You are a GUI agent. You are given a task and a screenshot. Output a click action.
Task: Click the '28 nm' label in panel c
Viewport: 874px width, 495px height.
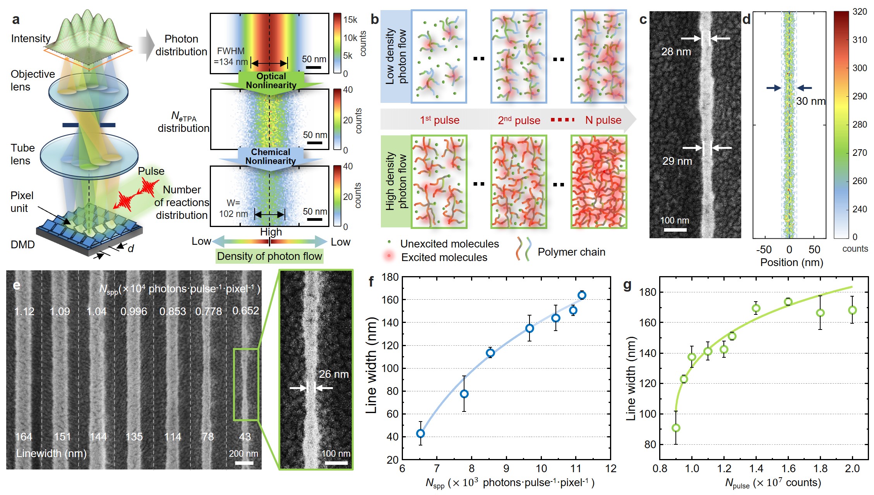click(x=675, y=51)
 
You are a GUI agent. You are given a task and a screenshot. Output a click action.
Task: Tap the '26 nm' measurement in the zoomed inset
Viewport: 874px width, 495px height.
click(x=334, y=374)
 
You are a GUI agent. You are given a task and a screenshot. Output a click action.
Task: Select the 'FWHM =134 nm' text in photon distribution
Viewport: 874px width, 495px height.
click(x=231, y=56)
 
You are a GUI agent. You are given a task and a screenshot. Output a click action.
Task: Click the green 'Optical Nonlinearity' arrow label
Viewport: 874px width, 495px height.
click(x=271, y=81)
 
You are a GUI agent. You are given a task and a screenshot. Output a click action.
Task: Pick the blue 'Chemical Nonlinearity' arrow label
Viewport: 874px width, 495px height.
click(x=271, y=157)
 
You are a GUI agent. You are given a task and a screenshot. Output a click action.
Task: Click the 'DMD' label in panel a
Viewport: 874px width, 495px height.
click(x=23, y=244)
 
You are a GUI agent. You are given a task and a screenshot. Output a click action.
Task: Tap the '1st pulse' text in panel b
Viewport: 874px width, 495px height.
click(x=439, y=120)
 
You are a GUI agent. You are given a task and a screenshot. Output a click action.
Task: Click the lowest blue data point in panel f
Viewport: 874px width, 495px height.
click(x=420, y=434)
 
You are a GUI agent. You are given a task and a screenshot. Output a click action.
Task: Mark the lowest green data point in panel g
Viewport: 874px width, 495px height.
click(x=676, y=428)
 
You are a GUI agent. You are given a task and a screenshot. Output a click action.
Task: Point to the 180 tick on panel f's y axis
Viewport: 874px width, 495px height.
click(x=390, y=277)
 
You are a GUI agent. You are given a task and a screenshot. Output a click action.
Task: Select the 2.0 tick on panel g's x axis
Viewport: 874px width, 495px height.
click(x=852, y=469)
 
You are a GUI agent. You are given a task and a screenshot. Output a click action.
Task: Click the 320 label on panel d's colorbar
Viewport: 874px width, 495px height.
click(x=860, y=12)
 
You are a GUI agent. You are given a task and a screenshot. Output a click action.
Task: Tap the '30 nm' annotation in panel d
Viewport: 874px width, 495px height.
click(x=811, y=101)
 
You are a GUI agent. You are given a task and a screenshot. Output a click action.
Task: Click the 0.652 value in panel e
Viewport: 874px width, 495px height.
click(x=245, y=311)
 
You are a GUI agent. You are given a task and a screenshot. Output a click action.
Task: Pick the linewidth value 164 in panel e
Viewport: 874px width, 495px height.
click(x=24, y=437)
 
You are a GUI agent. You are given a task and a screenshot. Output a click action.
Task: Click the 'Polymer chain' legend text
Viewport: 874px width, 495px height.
click(x=571, y=252)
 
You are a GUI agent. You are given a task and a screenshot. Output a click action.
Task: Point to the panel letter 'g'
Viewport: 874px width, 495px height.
click(x=627, y=285)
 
